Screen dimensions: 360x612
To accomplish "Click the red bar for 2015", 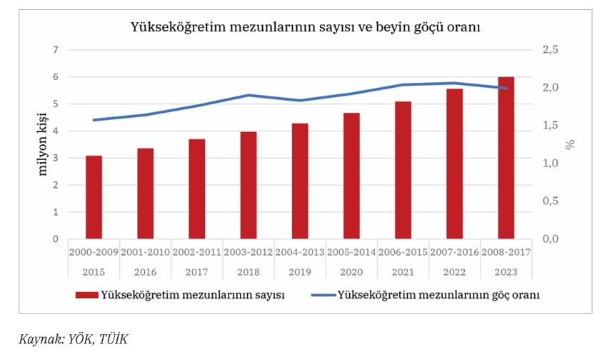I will (x=94, y=197).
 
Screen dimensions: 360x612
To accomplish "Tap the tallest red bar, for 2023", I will (x=506, y=158).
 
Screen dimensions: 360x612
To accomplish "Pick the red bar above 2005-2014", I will (x=351, y=176).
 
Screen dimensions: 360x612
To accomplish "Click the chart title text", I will (x=305, y=27).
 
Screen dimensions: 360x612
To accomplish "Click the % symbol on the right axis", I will (x=569, y=144).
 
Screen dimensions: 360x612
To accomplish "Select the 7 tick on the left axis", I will (x=54, y=50).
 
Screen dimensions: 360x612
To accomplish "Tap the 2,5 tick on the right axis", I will (x=551, y=50).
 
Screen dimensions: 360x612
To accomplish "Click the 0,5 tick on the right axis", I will (x=551, y=201).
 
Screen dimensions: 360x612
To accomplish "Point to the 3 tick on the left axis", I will (x=54, y=158).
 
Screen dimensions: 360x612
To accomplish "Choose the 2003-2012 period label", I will (x=249, y=251).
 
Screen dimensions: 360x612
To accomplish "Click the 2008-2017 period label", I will (x=506, y=251).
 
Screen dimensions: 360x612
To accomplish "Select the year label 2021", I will (x=403, y=271).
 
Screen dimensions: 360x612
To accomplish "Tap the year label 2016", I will (x=146, y=271).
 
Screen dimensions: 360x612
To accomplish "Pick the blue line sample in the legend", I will (x=322, y=294).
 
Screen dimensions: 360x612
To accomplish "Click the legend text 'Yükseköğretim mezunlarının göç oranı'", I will (x=438, y=294).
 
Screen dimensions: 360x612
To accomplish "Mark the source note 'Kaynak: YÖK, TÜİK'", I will (x=73, y=339).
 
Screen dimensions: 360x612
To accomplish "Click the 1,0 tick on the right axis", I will (x=551, y=164).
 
